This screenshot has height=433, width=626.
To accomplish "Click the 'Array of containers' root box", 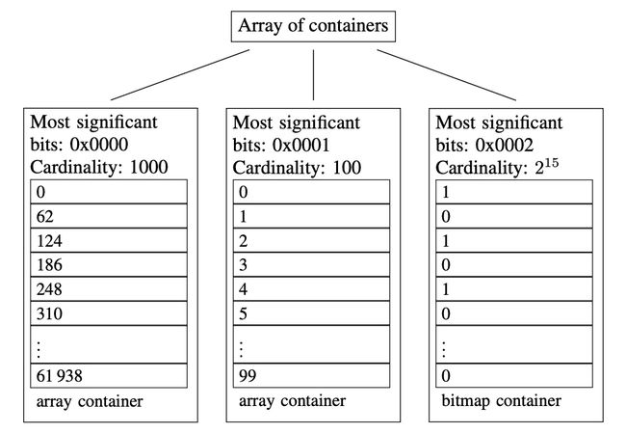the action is click(313, 26).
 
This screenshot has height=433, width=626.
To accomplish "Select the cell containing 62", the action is click(109, 216).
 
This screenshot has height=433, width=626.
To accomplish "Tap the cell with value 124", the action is click(109, 240).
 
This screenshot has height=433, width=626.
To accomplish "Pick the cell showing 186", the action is click(109, 264).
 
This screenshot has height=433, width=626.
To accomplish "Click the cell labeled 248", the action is click(109, 289).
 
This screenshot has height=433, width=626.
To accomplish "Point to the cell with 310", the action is click(109, 313).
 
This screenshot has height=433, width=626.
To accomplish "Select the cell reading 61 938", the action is click(109, 375).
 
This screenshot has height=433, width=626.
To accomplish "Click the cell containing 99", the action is click(311, 375).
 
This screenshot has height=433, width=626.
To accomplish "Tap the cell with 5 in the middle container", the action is click(311, 313).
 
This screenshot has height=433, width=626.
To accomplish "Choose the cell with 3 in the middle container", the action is click(311, 264).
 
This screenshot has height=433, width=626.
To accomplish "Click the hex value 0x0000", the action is click(99, 145).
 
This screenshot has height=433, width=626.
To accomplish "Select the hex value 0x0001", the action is click(301, 145).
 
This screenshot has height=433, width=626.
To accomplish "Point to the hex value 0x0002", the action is click(505, 145).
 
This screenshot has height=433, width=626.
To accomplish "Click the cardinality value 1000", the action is click(149, 167).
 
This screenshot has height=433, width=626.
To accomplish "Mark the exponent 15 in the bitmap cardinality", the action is click(551, 163).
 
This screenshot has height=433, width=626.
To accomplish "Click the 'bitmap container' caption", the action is click(502, 401).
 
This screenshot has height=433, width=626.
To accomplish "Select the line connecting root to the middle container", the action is click(313, 75).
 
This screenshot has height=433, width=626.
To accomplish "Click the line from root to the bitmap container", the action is click(446, 75).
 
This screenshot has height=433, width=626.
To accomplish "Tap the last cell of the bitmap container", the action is click(514, 375).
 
